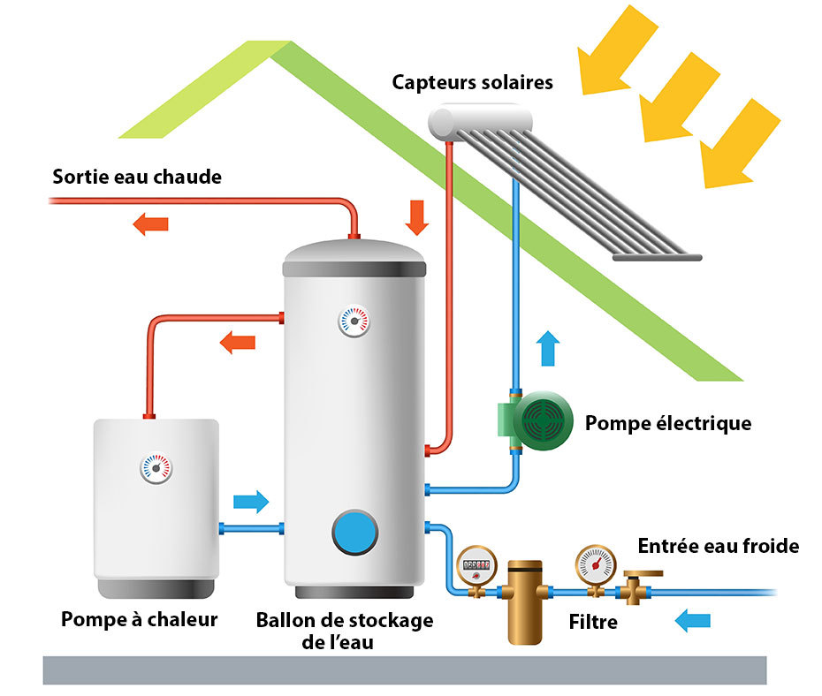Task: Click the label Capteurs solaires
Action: (x=472, y=82)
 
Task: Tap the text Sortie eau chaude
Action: (x=137, y=177)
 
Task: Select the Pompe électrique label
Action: (x=667, y=423)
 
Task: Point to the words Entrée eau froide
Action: (x=718, y=547)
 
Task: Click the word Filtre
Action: (x=593, y=623)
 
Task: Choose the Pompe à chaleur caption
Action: (x=139, y=619)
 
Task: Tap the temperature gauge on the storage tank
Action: (x=354, y=321)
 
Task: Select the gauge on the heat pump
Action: (x=156, y=468)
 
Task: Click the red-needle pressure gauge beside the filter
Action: (x=595, y=563)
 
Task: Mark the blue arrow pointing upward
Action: (x=548, y=348)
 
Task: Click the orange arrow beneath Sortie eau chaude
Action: (x=150, y=224)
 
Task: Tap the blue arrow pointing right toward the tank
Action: (x=251, y=502)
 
